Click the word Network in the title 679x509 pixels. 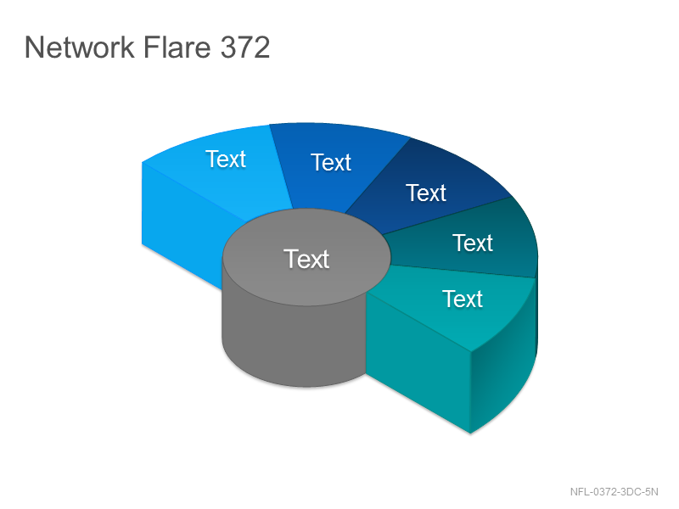tap(80, 47)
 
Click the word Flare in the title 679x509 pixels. tap(177, 47)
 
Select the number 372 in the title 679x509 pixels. tap(245, 47)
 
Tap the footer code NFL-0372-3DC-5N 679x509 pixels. tap(614, 492)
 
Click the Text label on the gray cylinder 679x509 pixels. tap(306, 259)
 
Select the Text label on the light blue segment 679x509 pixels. tap(226, 159)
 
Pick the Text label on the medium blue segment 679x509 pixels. tap(331, 162)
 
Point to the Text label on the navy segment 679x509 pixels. tap(426, 193)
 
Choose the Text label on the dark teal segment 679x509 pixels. tap(473, 243)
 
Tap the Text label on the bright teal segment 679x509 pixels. tap(463, 299)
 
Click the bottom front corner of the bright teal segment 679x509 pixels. tap(471, 433)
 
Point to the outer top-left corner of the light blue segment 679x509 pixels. tap(142, 162)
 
